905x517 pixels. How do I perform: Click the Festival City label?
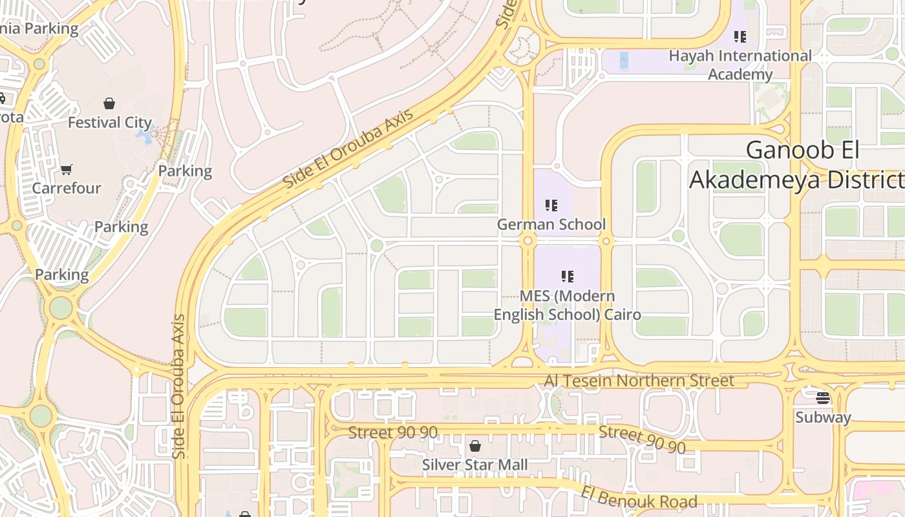[109, 122]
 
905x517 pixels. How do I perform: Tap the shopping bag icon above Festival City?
[109, 103]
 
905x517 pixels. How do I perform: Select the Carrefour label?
[67, 188]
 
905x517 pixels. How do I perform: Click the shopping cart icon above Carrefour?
[67, 170]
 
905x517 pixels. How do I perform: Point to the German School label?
[551, 224]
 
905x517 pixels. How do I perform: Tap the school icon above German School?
[551, 206]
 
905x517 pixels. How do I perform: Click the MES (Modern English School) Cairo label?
[567, 305]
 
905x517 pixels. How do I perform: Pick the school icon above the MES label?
[568, 277]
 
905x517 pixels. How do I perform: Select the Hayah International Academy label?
[740, 65]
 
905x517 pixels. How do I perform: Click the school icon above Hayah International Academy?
[740, 36]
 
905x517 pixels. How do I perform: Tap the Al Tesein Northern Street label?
[639, 381]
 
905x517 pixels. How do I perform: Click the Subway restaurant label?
[823, 417]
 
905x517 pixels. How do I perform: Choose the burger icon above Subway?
[823, 397]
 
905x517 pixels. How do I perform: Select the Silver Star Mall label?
[474, 464]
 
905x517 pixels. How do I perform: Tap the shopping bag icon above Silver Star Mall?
[475, 446]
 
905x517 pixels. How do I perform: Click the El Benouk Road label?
[639, 497]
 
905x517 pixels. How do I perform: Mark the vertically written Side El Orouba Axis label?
[179, 386]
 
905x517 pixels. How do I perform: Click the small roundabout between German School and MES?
[528, 241]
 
